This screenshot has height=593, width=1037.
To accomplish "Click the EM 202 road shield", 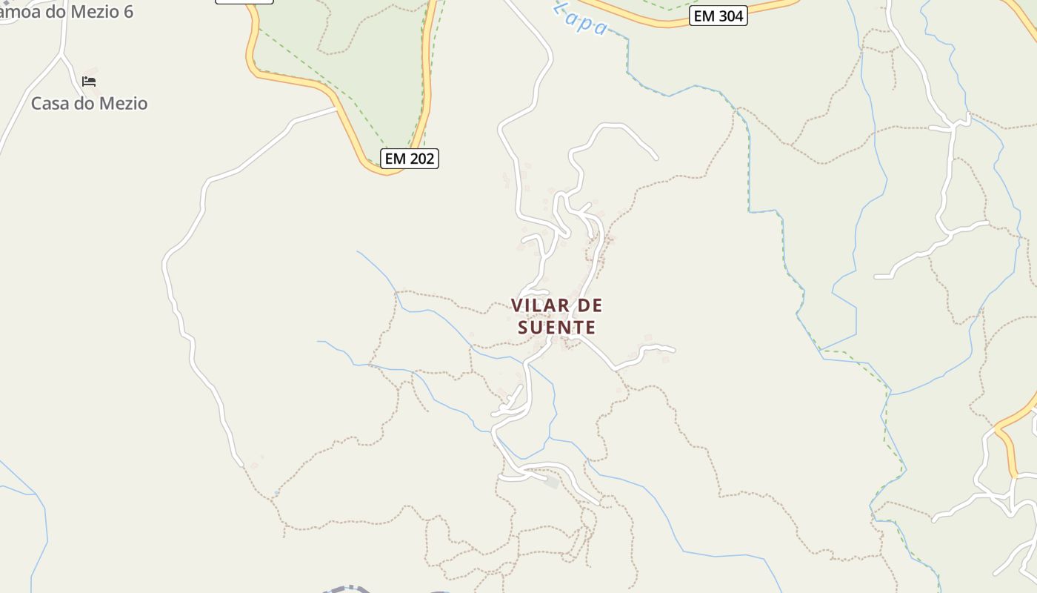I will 410,158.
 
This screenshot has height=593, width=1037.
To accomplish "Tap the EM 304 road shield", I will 718,16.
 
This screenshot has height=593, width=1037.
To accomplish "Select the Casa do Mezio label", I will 89,104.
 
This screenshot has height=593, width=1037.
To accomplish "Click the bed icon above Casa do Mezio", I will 89,81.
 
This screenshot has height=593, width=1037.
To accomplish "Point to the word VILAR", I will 540,305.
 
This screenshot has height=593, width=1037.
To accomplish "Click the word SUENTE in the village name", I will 556,327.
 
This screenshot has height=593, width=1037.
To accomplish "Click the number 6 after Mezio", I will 128,11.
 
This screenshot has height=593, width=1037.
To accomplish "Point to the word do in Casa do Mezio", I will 86,104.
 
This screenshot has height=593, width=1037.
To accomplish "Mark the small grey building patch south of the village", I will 551,483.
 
